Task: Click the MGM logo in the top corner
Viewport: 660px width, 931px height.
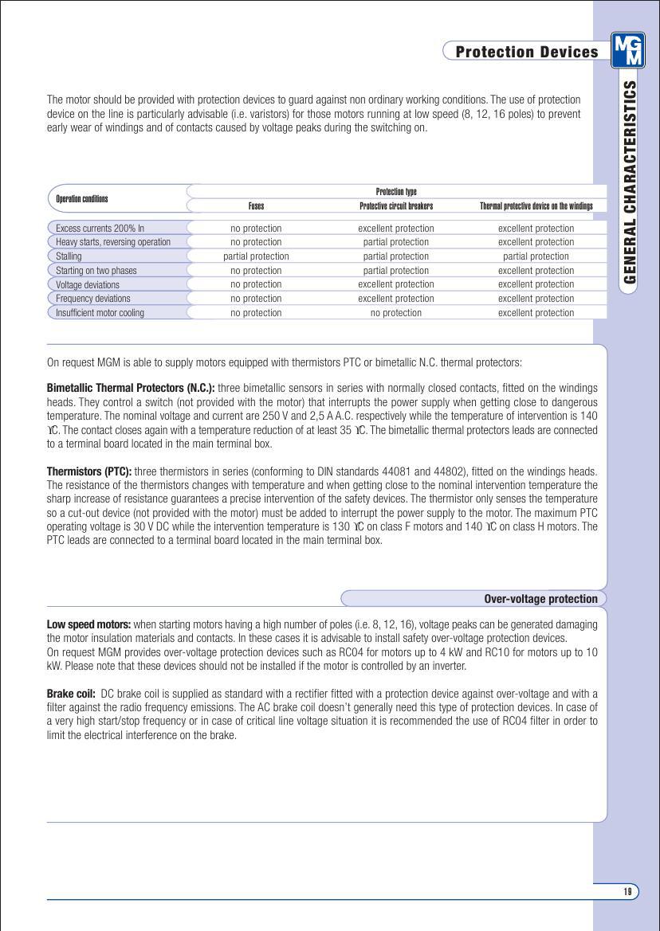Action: (628, 50)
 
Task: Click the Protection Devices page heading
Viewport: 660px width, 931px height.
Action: (526, 52)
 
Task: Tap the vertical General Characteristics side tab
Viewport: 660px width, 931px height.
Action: (630, 182)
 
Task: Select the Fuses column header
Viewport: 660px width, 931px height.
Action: (256, 205)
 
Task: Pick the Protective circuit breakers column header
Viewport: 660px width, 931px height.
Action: (396, 205)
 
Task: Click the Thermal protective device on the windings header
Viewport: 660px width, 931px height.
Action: (536, 205)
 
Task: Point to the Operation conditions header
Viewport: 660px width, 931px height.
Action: (82, 198)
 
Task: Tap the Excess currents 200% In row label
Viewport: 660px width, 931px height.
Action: (100, 228)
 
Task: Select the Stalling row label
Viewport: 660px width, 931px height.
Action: (69, 256)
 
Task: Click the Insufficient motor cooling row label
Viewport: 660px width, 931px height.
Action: (100, 313)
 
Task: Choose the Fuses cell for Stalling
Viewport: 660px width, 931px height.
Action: (256, 256)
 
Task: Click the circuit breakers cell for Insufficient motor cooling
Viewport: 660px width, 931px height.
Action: (396, 313)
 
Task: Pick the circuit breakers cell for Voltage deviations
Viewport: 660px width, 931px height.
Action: (396, 284)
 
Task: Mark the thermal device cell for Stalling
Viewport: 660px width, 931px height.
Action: (536, 256)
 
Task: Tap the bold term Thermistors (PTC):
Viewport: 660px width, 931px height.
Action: (89, 471)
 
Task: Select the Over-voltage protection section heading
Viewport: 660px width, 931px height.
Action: (540, 599)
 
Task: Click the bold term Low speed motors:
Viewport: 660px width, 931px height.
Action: (88, 624)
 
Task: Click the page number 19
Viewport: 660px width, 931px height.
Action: (627, 891)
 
